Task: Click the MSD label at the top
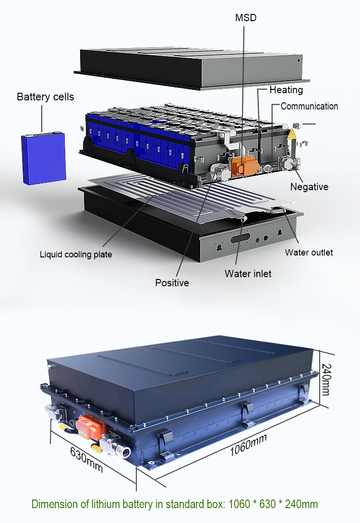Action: (x=246, y=18)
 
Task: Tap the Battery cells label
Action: (x=46, y=97)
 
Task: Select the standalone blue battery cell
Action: (x=43, y=158)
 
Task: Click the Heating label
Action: (x=286, y=90)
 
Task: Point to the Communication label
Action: (x=309, y=106)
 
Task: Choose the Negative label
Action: (x=309, y=187)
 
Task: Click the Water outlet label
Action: (x=309, y=252)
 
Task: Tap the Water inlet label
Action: (x=248, y=273)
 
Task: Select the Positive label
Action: (x=172, y=283)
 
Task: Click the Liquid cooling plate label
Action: (x=76, y=254)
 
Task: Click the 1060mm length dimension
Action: (x=248, y=444)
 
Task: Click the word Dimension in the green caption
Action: (x=53, y=504)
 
